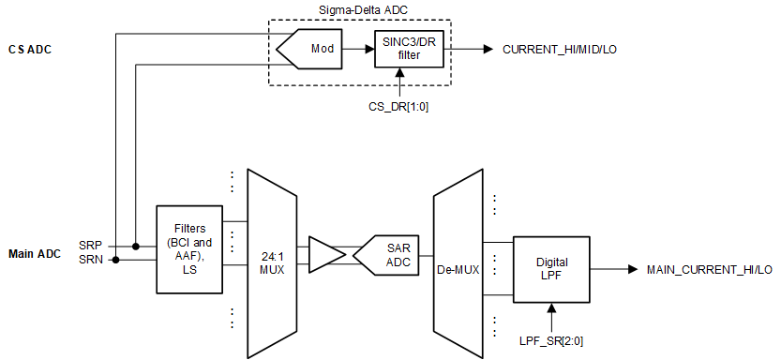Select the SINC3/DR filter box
tap(408, 49)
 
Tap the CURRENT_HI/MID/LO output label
tap(559, 49)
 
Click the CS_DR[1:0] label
tap(398, 106)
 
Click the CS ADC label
tap(29, 49)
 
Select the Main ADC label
tap(34, 253)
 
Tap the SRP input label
tap(91, 246)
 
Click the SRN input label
tap(91, 260)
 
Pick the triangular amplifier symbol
tap(324, 253)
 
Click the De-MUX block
tap(458, 268)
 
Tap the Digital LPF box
tap(551, 268)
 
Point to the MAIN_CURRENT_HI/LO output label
tap(710, 269)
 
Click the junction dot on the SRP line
tap(136, 247)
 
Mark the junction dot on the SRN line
tap(115, 261)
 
